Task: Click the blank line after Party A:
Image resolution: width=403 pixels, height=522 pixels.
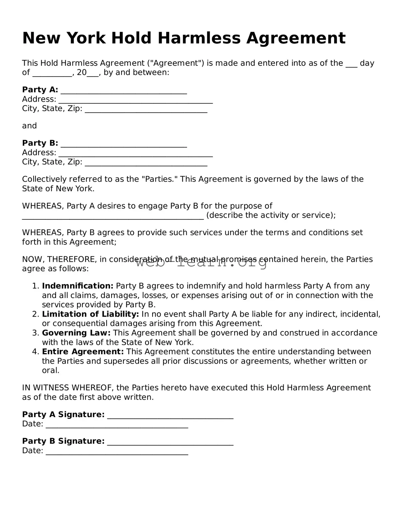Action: pyautogui.click(x=124, y=91)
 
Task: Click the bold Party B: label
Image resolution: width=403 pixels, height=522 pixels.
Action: pyautogui.click(x=40, y=143)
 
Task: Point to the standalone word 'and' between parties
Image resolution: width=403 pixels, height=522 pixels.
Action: pyautogui.click(x=29, y=126)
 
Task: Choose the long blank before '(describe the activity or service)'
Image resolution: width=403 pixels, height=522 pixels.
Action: pyautogui.click(x=113, y=216)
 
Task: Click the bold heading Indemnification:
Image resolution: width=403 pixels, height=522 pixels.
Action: pyautogui.click(x=77, y=286)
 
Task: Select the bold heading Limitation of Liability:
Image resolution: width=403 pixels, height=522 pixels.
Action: pyautogui.click(x=90, y=314)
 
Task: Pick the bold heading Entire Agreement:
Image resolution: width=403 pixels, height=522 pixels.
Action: pyautogui.click(x=83, y=352)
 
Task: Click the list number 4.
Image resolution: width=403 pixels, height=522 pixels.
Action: pyautogui.click(x=35, y=352)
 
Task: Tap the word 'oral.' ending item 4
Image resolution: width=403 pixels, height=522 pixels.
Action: pyautogui.click(x=50, y=371)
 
